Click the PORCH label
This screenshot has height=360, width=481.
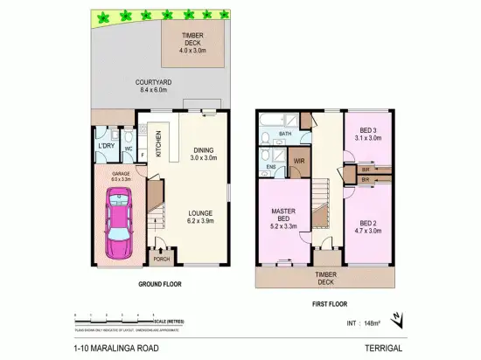(160, 259)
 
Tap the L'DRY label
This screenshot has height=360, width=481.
(105, 146)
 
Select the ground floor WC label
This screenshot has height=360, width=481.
(128, 149)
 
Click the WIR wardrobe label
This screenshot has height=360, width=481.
(299, 161)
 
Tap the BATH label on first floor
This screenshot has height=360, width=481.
(284, 134)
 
